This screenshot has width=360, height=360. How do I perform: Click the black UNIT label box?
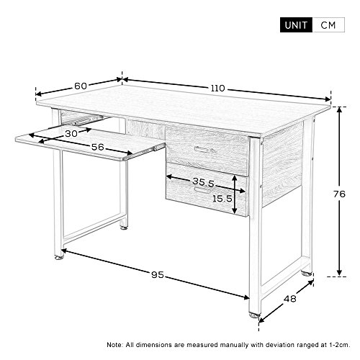(296, 25)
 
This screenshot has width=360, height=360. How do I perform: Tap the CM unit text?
(328, 25)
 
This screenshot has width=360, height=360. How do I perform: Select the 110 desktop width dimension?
(218, 89)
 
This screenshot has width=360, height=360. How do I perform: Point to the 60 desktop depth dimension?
(81, 86)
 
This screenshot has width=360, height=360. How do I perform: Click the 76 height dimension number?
(339, 194)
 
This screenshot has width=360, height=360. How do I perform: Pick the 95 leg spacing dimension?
(158, 274)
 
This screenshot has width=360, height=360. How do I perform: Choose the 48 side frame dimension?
(290, 299)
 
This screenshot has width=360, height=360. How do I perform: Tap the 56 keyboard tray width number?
(98, 147)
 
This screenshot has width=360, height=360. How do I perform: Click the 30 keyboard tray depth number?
(71, 134)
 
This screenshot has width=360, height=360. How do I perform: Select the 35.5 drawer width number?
(203, 182)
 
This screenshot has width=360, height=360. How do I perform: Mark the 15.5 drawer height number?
(222, 199)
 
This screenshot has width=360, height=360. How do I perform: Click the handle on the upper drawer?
(204, 150)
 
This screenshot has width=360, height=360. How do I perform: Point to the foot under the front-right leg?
(254, 315)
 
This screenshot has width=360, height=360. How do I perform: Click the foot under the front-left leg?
(59, 257)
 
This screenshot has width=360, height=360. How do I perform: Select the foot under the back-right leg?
(307, 273)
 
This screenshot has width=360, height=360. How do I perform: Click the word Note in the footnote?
(114, 345)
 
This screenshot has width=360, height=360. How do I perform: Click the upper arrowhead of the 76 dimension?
(339, 110)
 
